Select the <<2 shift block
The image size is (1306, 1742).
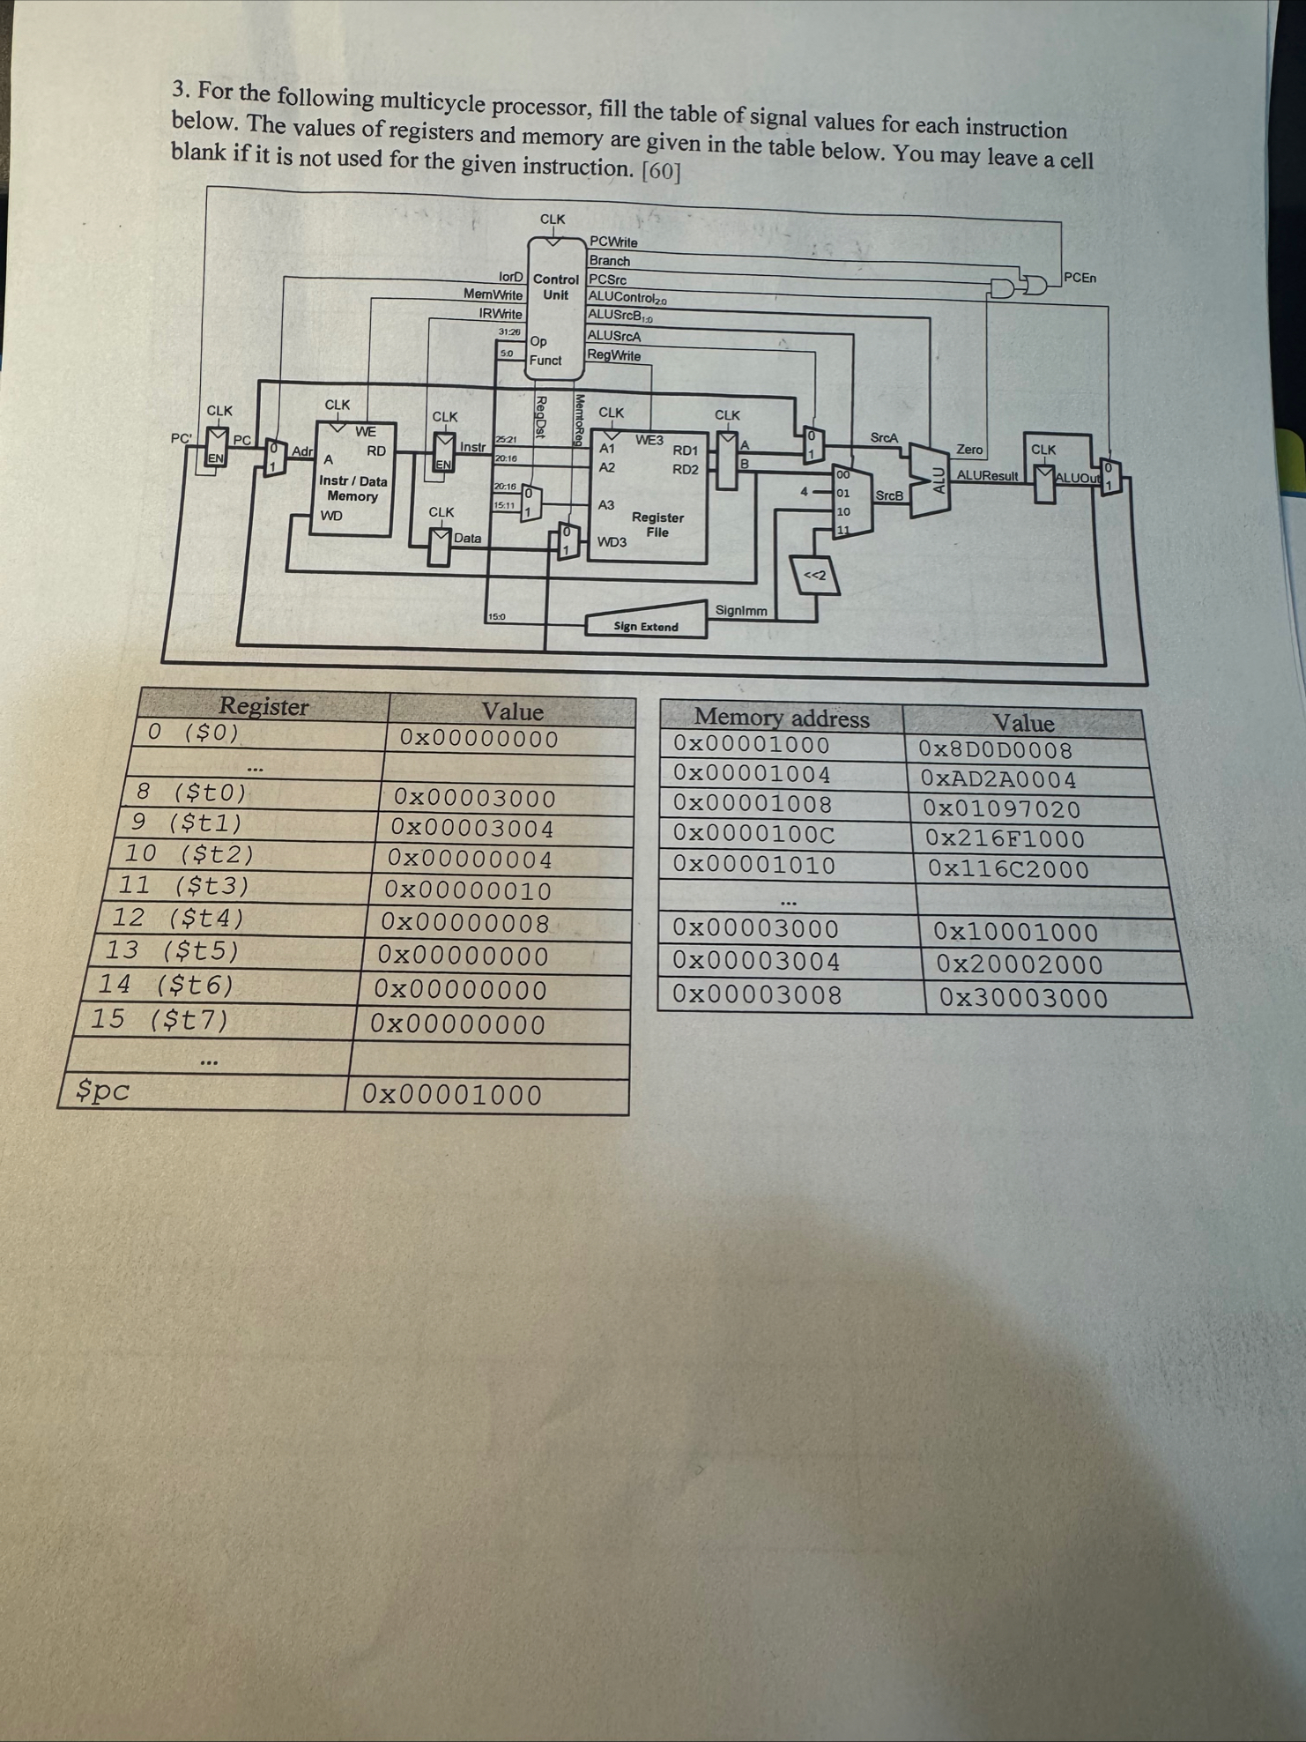tap(814, 577)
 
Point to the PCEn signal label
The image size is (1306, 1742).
tap(1080, 278)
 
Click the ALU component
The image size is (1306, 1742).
tap(937, 477)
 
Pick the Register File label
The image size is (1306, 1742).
tap(657, 525)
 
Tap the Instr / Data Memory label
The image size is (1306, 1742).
tap(352, 488)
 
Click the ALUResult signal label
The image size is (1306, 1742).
tap(987, 476)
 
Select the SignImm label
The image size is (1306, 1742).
tap(740, 610)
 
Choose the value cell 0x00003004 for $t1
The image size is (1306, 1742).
tap(472, 830)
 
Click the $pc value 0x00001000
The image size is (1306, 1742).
tap(452, 1095)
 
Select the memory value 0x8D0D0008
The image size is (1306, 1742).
tap(995, 751)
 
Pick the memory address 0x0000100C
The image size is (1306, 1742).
tap(753, 834)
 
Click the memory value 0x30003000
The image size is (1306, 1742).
tap(1023, 998)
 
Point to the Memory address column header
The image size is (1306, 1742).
tap(782, 718)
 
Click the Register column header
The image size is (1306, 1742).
tap(263, 706)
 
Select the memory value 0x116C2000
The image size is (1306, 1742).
tap(1008, 869)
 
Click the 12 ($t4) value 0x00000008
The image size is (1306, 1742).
tap(465, 924)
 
